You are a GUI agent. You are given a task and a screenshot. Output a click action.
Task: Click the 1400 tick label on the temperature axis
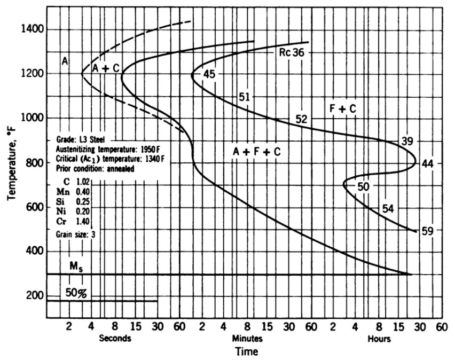pyautogui.click(x=32, y=29)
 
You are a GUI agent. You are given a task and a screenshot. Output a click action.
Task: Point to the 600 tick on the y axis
pyautogui.click(x=35, y=207)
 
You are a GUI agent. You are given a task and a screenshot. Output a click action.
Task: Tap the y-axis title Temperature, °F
pyautogui.click(x=12, y=163)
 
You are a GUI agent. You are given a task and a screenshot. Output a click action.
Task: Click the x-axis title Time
pyautogui.click(x=247, y=351)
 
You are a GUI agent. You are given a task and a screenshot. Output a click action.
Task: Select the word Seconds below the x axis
pyautogui.click(x=115, y=338)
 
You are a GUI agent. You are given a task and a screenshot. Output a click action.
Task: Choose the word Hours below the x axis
pyautogui.click(x=379, y=339)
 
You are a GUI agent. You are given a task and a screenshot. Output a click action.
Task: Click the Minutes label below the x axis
pyautogui.click(x=247, y=339)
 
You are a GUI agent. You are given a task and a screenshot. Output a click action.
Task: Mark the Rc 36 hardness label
pyautogui.click(x=292, y=52)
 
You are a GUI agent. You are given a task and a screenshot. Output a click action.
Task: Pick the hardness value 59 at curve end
pyautogui.click(x=427, y=231)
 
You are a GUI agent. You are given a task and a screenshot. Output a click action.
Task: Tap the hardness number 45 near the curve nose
pyautogui.click(x=209, y=74)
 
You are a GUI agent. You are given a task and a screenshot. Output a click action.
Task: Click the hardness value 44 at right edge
pyautogui.click(x=427, y=164)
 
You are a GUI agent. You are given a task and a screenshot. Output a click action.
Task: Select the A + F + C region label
pyautogui.click(x=257, y=152)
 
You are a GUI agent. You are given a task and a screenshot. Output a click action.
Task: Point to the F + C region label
pyautogui.click(x=343, y=109)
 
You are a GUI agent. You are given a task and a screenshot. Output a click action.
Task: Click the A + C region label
pyautogui.click(x=106, y=68)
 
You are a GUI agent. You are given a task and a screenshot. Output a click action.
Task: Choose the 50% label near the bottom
pyautogui.click(x=76, y=293)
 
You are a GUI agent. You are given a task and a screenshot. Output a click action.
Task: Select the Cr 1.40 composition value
pyautogui.click(x=73, y=221)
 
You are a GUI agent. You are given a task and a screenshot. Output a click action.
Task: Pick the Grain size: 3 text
pyautogui.click(x=75, y=234)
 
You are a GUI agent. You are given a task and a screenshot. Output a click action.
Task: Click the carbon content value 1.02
pyautogui.click(x=83, y=182)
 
